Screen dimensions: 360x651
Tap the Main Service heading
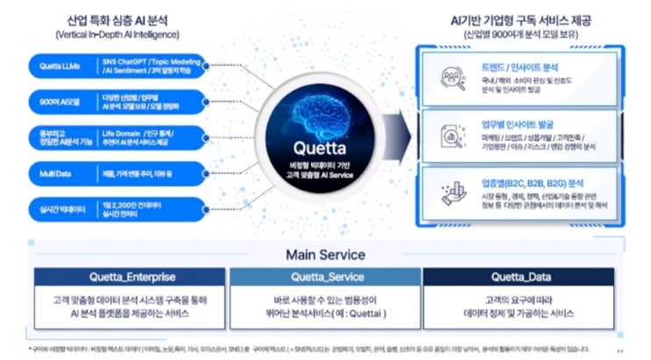tap(324, 255)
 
